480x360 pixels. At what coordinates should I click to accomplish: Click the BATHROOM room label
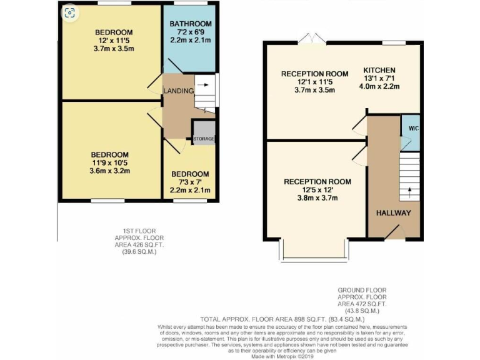[191, 24]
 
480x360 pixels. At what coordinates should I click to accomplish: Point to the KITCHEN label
[379, 70]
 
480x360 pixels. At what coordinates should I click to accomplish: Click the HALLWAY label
[393, 213]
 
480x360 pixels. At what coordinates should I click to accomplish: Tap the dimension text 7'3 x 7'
[190, 182]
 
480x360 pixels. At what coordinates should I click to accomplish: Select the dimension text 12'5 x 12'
[317, 190]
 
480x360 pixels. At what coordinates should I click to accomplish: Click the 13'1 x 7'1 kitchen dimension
[379, 78]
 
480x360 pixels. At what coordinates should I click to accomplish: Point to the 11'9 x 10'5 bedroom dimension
[109, 163]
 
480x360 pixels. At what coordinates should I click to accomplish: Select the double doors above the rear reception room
[311, 39]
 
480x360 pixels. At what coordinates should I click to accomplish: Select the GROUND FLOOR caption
[362, 290]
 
